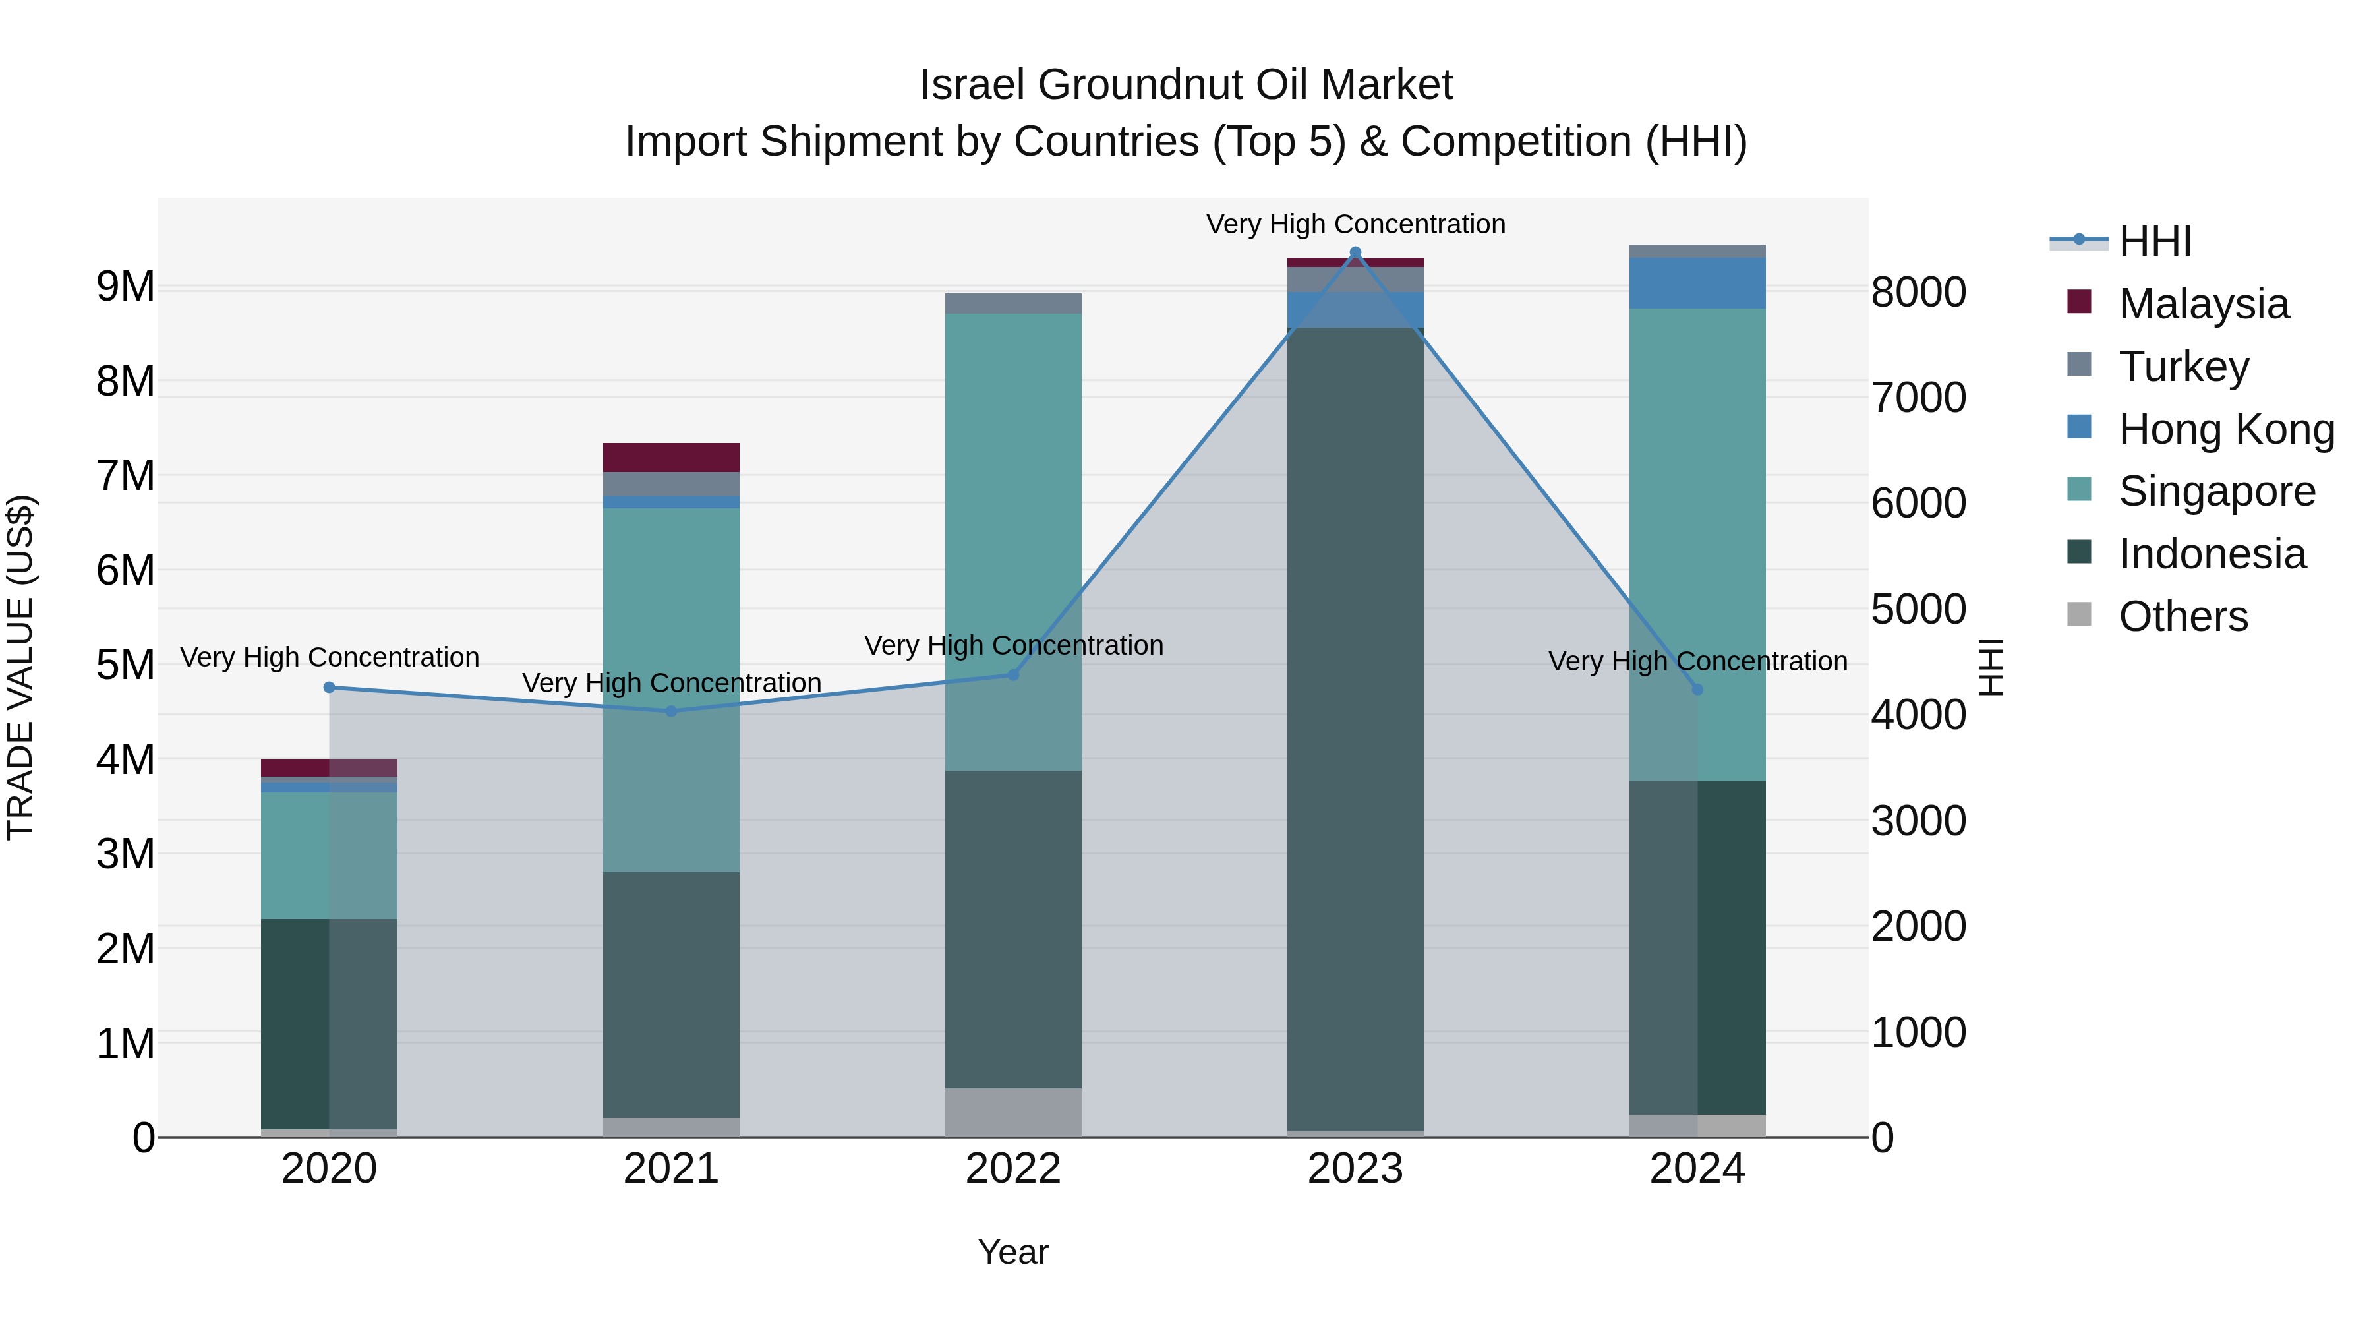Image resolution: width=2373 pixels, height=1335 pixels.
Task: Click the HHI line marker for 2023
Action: pyautogui.click(x=1355, y=252)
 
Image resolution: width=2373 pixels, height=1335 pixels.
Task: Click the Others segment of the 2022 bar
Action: pyautogui.click(x=1013, y=1112)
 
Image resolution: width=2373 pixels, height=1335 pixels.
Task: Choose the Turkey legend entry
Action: pyautogui.click(x=2183, y=367)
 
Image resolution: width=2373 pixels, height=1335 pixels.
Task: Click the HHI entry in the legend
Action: pyautogui.click(x=2153, y=241)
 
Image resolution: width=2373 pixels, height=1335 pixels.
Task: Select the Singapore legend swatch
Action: pyautogui.click(x=2079, y=489)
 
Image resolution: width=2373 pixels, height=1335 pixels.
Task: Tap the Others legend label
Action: pyautogui.click(x=2183, y=616)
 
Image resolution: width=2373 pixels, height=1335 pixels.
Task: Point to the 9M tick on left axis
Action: pyautogui.click(x=125, y=287)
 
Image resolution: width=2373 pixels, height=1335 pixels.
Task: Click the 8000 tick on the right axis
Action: pyautogui.click(x=1919, y=292)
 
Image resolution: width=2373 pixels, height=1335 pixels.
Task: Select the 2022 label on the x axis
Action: pyautogui.click(x=1013, y=1169)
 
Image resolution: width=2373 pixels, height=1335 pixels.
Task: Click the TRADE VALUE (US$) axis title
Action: pyautogui.click(x=20, y=667)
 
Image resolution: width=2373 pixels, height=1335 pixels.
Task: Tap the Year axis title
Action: pyautogui.click(x=1013, y=1252)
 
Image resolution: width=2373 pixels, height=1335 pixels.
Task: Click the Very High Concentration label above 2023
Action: pyautogui.click(x=1355, y=224)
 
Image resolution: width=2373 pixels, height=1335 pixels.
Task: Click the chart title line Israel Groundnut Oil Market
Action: pyautogui.click(x=1186, y=85)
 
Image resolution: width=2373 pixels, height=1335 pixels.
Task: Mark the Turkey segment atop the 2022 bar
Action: pyautogui.click(x=1013, y=303)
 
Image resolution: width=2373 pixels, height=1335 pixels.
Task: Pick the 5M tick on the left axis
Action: pyautogui.click(x=125, y=665)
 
